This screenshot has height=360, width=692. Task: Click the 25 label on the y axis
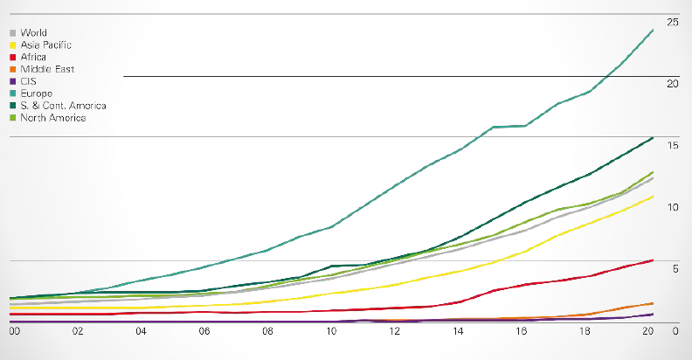click(673, 21)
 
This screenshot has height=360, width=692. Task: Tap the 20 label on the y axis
click(673, 84)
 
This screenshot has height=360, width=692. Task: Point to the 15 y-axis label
click(673, 145)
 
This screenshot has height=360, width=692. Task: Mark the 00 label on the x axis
click(14, 331)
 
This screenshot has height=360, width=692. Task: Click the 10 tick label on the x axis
click(331, 331)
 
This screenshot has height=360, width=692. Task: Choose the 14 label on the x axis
click(458, 331)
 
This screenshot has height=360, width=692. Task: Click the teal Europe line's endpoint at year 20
click(654, 31)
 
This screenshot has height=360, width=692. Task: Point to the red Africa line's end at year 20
click(654, 260)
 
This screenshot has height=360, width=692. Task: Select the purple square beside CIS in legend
click(11, 81)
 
